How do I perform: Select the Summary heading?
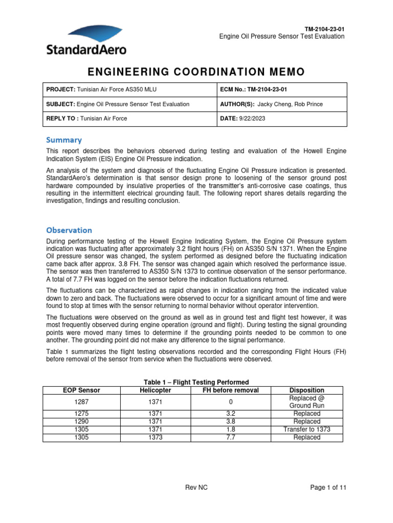pos(64,139)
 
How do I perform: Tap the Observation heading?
pos(69,230)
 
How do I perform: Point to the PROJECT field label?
pos(60,89)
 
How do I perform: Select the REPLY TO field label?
pos(62,118)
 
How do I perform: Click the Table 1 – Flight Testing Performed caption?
pos(196,382)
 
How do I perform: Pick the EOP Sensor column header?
pos(82,390)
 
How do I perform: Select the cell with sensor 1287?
pos(82,401)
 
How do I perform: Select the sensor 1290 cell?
pos(82,421)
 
